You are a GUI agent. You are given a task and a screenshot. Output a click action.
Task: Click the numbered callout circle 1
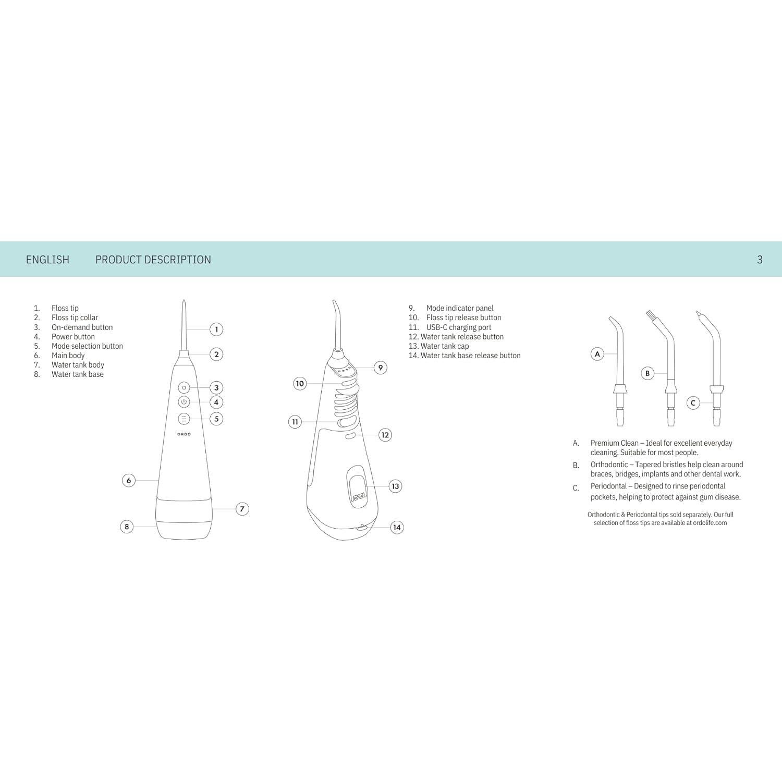[216, 329]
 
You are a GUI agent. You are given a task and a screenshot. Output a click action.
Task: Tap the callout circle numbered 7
[242, 509]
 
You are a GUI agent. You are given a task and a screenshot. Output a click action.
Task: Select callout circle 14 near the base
[397, 528]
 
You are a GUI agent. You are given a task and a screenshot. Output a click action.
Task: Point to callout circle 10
[300, 384]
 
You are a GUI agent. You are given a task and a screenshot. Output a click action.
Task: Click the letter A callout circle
[597, 354]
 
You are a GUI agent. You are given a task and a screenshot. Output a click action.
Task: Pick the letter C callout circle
[693, 403]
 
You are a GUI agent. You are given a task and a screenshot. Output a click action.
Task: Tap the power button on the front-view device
[184, 402]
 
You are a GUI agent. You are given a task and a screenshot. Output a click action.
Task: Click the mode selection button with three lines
[184, 419]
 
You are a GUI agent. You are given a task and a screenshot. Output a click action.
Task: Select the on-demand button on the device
[184, 388]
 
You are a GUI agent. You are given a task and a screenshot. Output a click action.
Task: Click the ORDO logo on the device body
[184, 434]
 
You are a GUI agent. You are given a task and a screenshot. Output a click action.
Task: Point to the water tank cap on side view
[357, 486]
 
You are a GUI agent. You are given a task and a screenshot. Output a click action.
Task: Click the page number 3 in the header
[760, 260]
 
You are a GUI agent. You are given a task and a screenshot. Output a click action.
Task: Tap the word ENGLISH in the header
[47, 260]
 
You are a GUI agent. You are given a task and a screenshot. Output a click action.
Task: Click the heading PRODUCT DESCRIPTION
[153, 260]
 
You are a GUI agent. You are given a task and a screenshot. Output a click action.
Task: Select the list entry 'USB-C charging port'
[458, 327]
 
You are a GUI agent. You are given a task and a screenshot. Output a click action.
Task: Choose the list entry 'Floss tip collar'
[75, 317]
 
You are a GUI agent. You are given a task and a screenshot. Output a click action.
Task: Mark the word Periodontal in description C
[608, 486]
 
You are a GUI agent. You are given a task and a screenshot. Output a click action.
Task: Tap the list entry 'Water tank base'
[77, 374]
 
